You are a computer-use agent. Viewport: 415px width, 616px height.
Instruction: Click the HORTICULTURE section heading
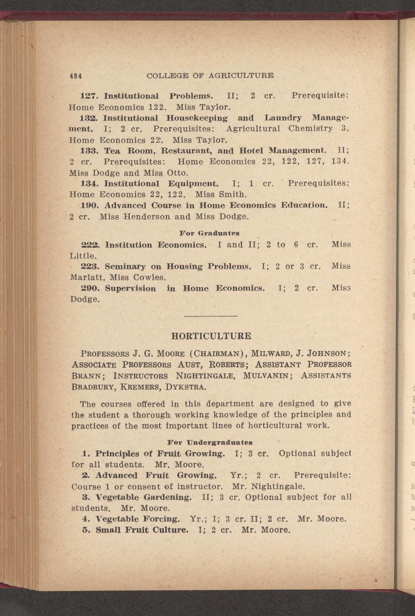(x=211, y=336)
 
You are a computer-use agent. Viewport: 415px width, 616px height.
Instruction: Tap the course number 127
(x=89, y=96)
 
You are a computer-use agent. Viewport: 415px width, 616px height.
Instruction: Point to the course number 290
(x=91, y=288)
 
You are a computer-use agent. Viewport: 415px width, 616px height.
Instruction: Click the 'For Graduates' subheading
(x=209, y=233)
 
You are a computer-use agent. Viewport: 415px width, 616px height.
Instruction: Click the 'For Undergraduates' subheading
(x=210, y=442)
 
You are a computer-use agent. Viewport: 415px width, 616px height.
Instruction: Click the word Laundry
(x=282, y=118)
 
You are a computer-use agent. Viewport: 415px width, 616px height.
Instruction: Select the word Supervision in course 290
(x=130, y=288)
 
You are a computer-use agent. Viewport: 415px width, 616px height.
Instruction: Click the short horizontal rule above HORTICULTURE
(x=211, y=316)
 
